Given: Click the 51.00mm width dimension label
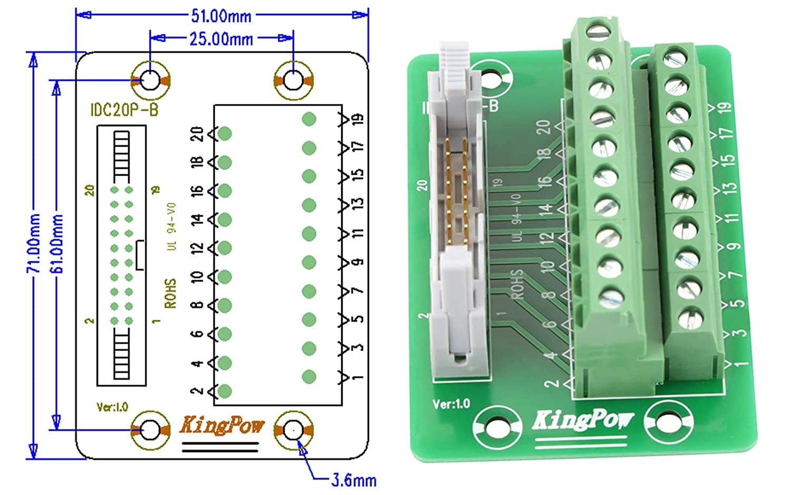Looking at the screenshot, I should pyautogui.click(x=221, y=15).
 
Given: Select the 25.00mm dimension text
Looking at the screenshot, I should pyautogui.click(x=221, y=39).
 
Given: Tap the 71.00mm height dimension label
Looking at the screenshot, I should pyautogui.click(x=33, y=243).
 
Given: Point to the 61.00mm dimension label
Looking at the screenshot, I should pyautogui.click(x=56, y=243).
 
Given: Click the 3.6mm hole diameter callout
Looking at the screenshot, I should pyautogui.click(x=354, y=480).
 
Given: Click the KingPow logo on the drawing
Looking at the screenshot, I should pyautogui.click(x=221, y=425).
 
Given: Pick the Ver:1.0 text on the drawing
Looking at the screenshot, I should pyautogui.click(x=112, y=407).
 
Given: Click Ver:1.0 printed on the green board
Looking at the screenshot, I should pyautogui.click(x=451, y=404).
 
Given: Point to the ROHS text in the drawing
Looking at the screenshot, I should pyautogui.click(x=170, y=293).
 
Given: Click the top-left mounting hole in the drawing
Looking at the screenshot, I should pyautogui.click(x=150, y=81).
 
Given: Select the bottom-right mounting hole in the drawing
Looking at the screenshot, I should pyautogui.click(x=293, y=430).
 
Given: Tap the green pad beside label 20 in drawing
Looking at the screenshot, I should pyautogui.click(x=225, y=134).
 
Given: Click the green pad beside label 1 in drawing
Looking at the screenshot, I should pyautogui.click(x=309, y=377).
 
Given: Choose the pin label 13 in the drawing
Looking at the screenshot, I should pyautogui.click(x=358, y=203).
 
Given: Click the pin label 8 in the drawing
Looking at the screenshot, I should pyautogui.click(x=197, y=305).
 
